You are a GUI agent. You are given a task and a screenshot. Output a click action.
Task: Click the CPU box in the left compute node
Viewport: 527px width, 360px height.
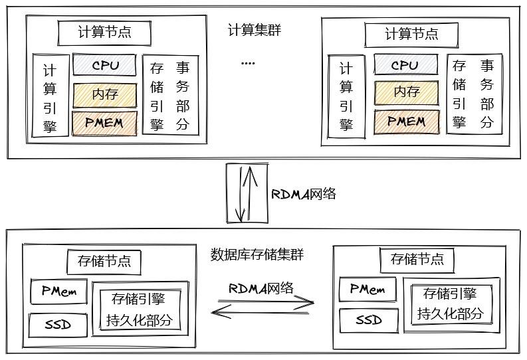[x=104, y=65]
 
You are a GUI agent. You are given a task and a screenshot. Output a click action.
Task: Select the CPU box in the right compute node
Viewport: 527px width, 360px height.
[x=405, y=65]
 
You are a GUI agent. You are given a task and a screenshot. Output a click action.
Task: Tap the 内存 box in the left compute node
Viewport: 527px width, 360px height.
[x=104, y=94]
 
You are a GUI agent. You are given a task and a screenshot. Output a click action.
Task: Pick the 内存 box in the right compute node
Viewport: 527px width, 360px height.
[x=406, y=92]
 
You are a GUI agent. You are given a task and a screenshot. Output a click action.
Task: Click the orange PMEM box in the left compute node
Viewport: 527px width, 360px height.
[x=104, y=124]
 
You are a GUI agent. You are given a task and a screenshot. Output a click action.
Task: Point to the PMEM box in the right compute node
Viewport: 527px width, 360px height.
[x=406, y=122]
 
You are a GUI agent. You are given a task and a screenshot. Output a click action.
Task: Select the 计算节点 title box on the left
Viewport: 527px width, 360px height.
[x=104, y=32]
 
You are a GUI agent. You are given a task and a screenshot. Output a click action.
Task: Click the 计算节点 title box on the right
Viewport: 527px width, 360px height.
[x=411, y=33]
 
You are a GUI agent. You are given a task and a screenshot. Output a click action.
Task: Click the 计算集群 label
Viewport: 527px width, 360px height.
[x=254, y=31]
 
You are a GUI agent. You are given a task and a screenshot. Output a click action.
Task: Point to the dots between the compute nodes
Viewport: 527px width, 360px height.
[x=248, y=64]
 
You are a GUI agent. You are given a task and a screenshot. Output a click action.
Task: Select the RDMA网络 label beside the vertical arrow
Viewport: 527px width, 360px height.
[x=303, y=194]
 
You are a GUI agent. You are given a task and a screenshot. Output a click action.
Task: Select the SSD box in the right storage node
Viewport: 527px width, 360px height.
[x=368, y=320]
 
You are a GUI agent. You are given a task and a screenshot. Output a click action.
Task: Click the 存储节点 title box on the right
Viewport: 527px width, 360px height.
[x=417, y=259]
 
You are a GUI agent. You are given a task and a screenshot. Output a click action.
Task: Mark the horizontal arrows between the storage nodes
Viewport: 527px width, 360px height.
[x=261, y=306]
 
